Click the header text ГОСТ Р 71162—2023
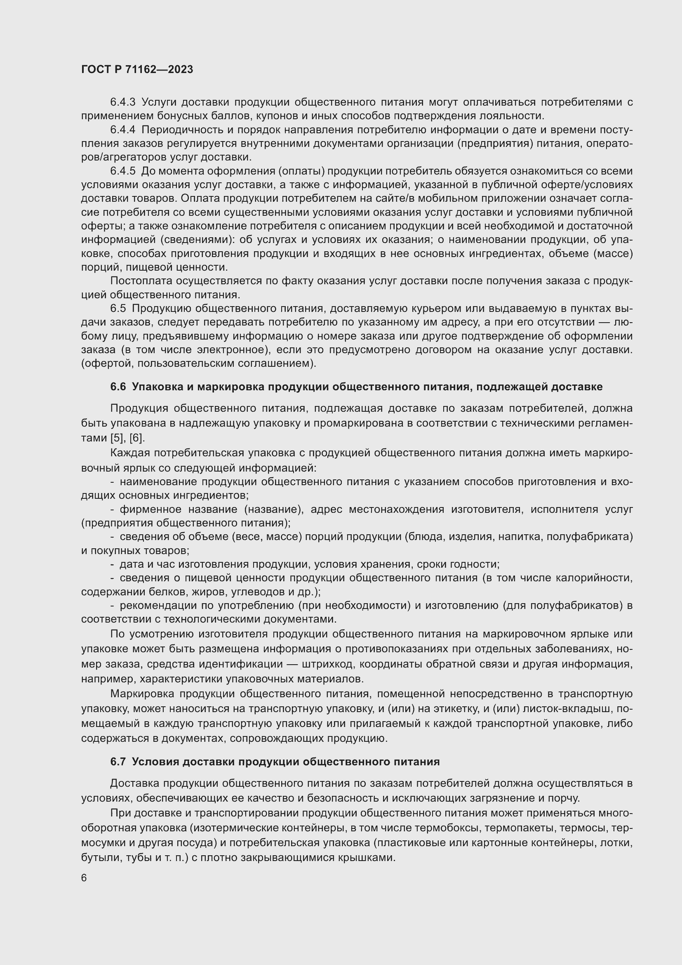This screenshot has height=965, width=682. point(137,69)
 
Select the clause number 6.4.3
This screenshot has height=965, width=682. point(122,102)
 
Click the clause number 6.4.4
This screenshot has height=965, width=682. point(122,130)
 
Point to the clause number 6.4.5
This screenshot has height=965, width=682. point(122,171)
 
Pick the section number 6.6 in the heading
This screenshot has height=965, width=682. point(118,387)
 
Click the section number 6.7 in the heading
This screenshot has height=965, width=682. point(118,762)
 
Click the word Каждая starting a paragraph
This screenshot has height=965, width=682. point(130,453)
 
